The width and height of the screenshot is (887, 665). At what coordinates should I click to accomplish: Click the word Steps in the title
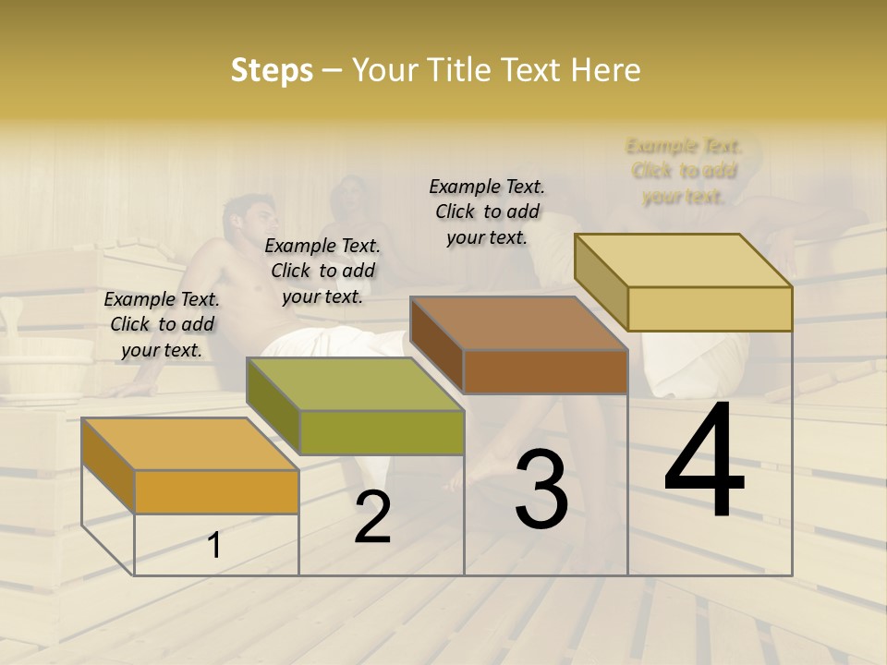(272, 70)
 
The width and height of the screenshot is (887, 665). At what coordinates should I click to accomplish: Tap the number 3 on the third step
(541, 489)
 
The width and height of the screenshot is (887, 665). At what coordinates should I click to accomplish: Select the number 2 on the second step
(372, 517)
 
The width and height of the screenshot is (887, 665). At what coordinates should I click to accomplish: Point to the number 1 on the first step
(214, 546)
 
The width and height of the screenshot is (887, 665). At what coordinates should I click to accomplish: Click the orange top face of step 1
(189, 444)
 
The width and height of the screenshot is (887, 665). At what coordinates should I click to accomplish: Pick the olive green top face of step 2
(355, 384)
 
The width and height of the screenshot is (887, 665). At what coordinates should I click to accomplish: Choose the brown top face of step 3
(519, 323)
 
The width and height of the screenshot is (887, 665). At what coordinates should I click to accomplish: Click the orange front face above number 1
(216, 491)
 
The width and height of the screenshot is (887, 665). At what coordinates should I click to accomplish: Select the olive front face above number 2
(382, 433)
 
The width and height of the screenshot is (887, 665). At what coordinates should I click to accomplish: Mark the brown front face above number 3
(545, 371)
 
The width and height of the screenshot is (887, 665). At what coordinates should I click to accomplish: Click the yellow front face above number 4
(710, 308)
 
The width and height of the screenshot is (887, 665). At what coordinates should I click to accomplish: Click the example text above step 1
(162, 324)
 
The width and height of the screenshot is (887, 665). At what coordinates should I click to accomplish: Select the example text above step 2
(322, 271)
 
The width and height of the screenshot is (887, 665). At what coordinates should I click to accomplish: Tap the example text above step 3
(487, 212)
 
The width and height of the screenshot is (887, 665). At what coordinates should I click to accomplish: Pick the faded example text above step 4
(684, 171)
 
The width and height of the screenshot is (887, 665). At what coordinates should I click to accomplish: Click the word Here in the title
(605, 70)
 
